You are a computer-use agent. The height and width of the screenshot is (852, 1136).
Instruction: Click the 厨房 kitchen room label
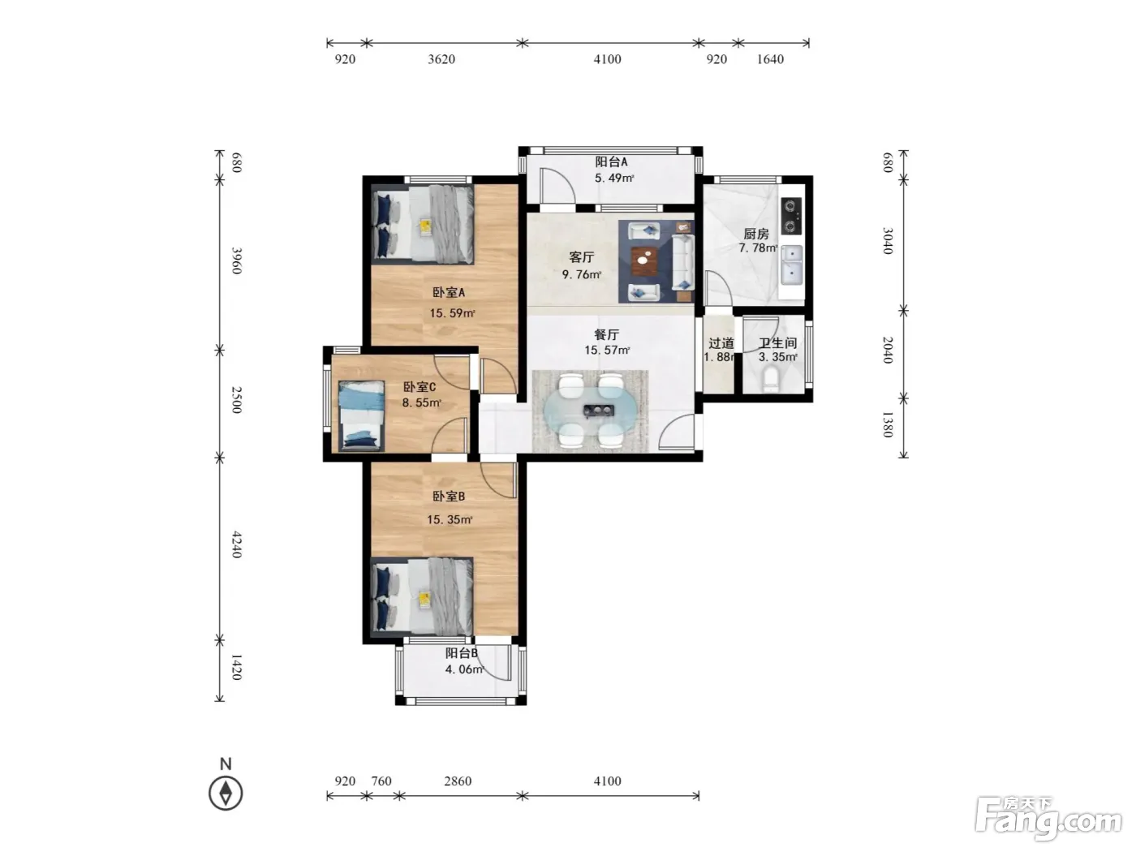[x=755, y=234]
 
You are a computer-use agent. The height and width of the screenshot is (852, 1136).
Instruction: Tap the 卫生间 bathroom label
[x=777, y=343]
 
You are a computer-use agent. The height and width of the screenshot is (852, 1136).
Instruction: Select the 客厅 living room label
[x=581, y=257]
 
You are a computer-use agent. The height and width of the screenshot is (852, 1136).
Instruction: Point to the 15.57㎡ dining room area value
[x=607, y=351]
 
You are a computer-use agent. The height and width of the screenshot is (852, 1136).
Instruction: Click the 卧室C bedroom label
[x=420, y=387]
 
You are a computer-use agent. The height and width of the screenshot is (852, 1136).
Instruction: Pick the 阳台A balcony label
[x=611, y=162]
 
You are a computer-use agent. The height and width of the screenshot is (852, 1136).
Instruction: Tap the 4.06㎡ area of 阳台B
[x=463, y=669]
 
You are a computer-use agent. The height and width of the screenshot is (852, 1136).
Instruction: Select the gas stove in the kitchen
[x=791, y=215]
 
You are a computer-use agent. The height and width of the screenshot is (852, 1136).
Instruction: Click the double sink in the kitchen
[x=791, y=265]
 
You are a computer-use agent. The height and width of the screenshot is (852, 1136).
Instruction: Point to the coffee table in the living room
[x=643, y=260]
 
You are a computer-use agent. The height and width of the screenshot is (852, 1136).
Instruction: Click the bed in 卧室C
[x=361, y=416]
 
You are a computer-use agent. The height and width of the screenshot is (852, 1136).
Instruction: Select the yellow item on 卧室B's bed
[x=425, y=599]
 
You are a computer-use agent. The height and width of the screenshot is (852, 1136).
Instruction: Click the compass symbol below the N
[x=226, y=793]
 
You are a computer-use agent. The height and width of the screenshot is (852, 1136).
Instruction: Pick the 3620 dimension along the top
[x=441, y=59]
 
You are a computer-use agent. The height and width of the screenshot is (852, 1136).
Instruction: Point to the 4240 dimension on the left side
[x=236, y=544]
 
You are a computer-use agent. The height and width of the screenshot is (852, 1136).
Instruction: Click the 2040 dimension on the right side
[x=887, y=351]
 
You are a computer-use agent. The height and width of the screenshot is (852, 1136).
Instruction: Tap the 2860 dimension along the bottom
[x=458, y=781]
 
